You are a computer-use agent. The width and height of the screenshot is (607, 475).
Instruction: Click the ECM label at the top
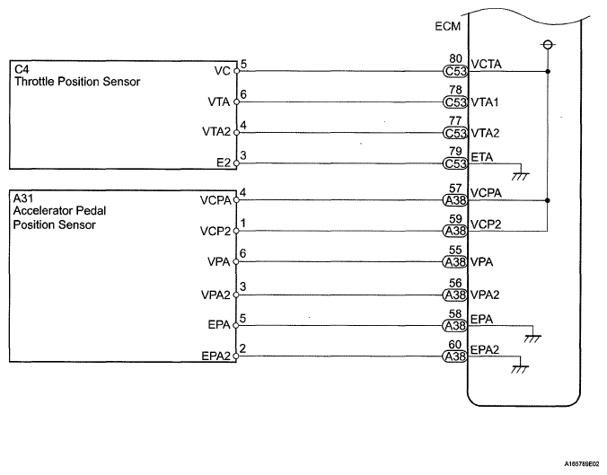click(447, 26)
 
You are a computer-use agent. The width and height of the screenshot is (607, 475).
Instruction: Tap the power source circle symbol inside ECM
click(548, 45)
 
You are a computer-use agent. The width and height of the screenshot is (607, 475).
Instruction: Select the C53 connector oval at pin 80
click(455, 71)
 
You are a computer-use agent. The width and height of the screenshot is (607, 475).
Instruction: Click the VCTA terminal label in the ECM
click(486, 64)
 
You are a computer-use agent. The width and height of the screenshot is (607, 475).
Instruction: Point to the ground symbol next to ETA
click(520, 175)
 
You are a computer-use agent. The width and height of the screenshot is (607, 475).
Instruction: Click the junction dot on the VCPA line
click(548, 200)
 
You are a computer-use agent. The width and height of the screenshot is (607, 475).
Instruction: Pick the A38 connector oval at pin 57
click(455, 200)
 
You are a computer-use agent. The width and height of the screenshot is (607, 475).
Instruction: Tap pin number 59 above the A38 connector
click(455, 219)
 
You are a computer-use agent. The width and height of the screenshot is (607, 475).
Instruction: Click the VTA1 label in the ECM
click(485, 102)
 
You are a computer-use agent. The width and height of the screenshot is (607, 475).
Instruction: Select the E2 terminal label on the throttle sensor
click(224, 163)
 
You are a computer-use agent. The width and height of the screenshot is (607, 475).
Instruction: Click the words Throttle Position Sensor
click(77, 82)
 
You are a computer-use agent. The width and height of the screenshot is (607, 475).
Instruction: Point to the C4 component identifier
click(22, 69)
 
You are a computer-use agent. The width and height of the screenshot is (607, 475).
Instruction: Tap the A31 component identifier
click(23, 198)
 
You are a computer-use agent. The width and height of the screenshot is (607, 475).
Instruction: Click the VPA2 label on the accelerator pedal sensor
click(216, 295)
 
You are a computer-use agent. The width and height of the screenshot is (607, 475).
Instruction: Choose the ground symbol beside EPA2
click(520, 368)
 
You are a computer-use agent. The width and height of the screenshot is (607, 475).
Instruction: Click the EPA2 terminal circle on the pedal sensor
click(236, 356)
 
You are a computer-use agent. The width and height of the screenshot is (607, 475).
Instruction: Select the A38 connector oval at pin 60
click(455, 356)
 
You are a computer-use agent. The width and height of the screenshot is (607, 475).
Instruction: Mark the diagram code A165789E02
click(582, 463)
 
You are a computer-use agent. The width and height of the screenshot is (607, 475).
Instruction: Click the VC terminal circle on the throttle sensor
click(236, 71)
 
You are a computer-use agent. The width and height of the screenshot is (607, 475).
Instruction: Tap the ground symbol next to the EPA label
click(532, 338)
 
